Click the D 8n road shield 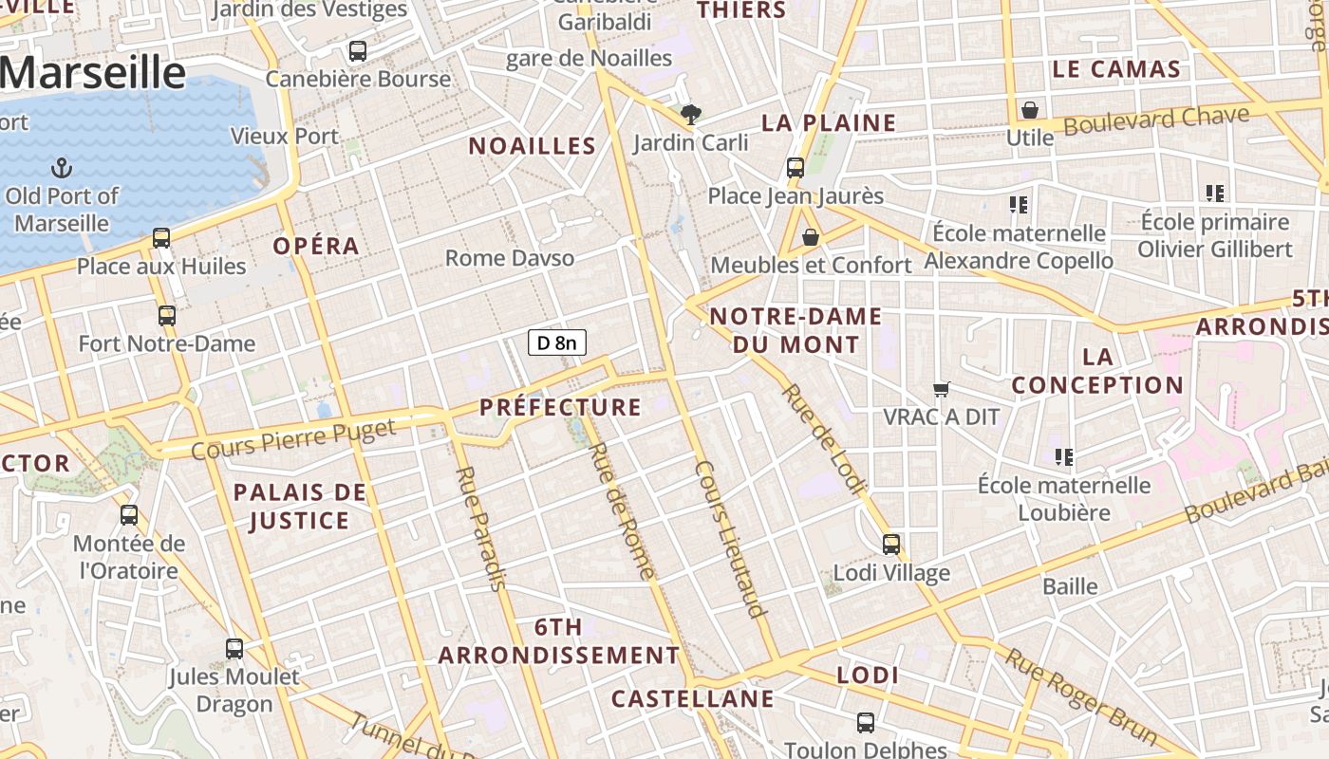pyautogui.click(x=557, y=342)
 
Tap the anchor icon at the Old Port pyautogui.click(x=62, y=169)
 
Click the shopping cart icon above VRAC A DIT pyautogui.click(x=942, y=388)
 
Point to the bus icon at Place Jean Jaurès pyautogui.click(x=796, y=168)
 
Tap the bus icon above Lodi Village pyautogui.click(x=891, y=545)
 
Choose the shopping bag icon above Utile pyautogui.click(x=1030, y=110)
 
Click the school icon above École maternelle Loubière pyautogui.click(x=1064, y=457)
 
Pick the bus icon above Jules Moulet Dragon pyautogui.click(x=234, y=649)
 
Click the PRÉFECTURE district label pyautogui.click(x=560, y=408)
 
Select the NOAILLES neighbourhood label pyautogui.click(x=533, y=146)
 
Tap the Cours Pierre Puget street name pyautogui.click(x=293, y=438)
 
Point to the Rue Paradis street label pyautogui.click(x=480, y=528)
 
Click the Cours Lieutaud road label pyautogui.click(x=730, y=539)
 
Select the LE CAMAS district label pyautogui.click(x=1116, y=69)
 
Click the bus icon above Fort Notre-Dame pyautogui.click(x=167, y=315)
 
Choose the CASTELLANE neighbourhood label pyautogui.click(x=692, y=699)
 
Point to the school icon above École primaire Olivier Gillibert pyautogui.click(x=1215, y=194)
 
